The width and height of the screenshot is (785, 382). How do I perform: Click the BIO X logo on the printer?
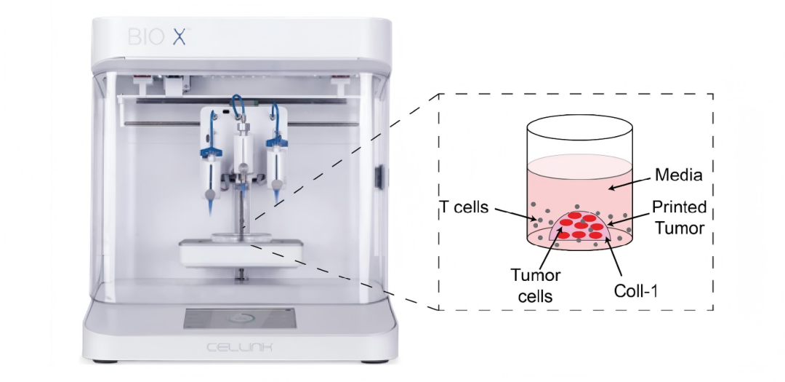click(x=156, y=36)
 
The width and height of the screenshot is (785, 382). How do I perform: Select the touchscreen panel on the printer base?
click(x=239, y=319)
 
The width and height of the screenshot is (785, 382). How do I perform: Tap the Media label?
click(x=677, y=175)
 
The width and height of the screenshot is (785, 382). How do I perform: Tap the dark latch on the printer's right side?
click(x=379, y=178)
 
